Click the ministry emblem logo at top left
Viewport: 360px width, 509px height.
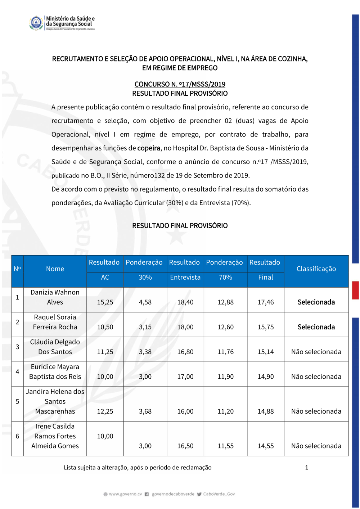click(x=36, y=23)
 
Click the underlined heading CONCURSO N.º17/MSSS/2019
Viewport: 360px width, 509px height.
click(x=180, y=84)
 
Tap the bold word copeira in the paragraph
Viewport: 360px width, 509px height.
click(x=149, y=148)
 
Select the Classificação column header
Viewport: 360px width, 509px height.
click(x=316, y=269)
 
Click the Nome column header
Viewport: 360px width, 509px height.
click(x=55, y=269)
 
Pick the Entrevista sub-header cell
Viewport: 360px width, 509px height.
click(x=185, y=278)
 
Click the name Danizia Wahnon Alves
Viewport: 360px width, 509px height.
click(x=55, y=297)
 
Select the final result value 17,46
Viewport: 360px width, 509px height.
click(x=266, y=302)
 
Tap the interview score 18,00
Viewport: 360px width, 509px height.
click(x=185, y=327)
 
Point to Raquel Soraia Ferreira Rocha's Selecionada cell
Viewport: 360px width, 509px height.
click(x=316, y=327)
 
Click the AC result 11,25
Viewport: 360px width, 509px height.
click(x=105, y=352)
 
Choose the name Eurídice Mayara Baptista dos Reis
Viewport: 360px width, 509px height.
click(x=55, y=372)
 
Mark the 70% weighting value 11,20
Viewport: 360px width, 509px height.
click(x=225, y=411)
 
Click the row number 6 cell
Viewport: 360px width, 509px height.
click(x=17, y=436)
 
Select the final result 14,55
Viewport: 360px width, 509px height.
click(x=266, y=446)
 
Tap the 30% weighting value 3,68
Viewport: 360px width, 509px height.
click(x=145, y=411)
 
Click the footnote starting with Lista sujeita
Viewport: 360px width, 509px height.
click(x=138, y=468)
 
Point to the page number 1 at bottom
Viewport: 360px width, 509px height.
click(x=307, y=468)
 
